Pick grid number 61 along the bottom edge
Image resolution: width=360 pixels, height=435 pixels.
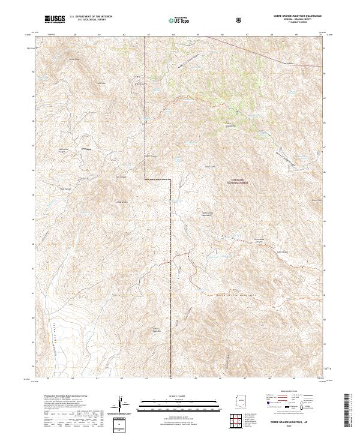(98, 379)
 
